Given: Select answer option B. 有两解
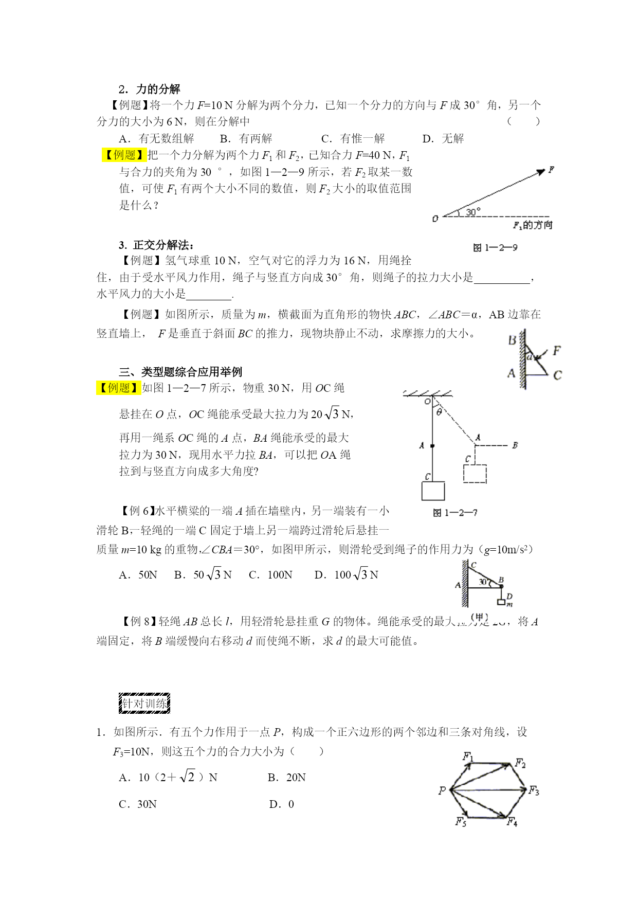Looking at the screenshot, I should point(246,138).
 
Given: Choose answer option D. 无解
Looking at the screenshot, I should point(443,138).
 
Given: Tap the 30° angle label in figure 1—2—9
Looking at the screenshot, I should point(473,211).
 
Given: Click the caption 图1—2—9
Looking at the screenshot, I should point(495,248).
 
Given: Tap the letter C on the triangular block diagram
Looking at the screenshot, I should point(557,375).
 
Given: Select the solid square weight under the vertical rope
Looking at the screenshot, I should point(433,491).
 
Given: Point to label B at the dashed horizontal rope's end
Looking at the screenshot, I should point(515,445).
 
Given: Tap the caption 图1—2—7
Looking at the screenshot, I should point(455,513).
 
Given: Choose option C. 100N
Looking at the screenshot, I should point(271,575).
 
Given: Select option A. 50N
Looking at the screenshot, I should point(138,575).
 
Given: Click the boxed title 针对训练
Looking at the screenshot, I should point(144,703).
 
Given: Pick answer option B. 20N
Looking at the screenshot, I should point(286,778).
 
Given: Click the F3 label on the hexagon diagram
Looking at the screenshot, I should point(534,790).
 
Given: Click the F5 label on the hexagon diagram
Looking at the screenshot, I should point(461,821).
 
